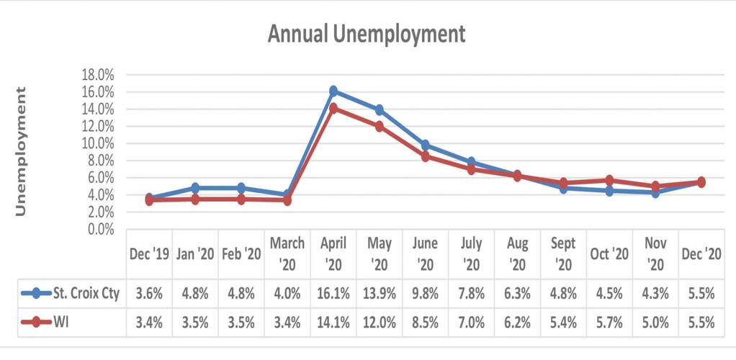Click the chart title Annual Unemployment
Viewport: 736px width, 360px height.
click(x=367, y=33)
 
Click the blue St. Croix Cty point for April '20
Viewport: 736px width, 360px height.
click(x=333, y=91)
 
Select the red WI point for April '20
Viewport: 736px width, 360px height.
click(x=333, y=108)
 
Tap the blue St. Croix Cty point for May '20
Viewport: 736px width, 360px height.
click(x=380, y=110)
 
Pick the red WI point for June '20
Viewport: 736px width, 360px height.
click(x=426, y=156)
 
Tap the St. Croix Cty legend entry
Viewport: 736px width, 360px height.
click(x=72, y=293)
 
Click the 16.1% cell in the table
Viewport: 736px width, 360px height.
click(x=333, y=293)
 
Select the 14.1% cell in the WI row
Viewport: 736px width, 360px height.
click(x=333, y=321)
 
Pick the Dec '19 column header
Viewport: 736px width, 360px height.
click(x=149, y=253)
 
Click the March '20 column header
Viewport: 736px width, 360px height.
click(x=287, y=253)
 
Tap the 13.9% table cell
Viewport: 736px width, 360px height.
click(x=380, y=293)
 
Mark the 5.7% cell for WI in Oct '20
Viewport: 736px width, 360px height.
click(x=610, y=321)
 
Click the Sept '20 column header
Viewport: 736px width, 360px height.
click(x=564, y=253)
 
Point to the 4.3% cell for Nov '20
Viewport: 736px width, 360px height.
click(x=656, y=293)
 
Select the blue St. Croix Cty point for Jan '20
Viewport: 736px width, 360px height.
click(x=195, y=188)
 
